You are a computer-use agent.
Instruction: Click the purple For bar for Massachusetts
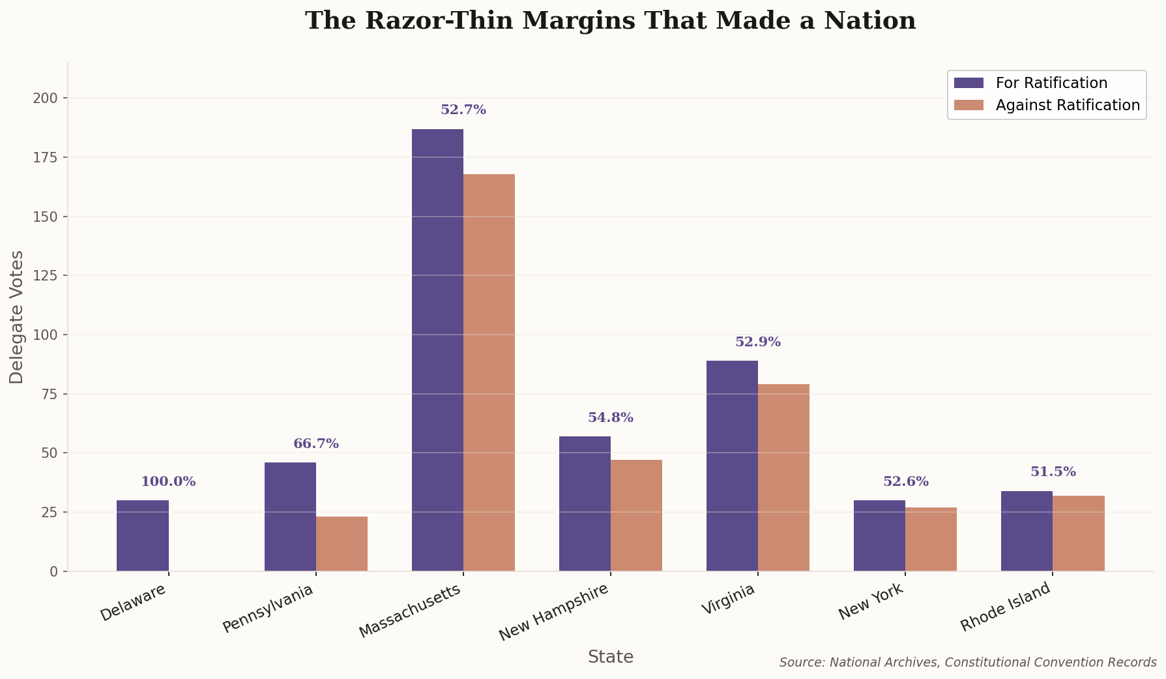(437, 350)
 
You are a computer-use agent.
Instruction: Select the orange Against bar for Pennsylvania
(342, 544)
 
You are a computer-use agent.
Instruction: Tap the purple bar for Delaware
(143, 536)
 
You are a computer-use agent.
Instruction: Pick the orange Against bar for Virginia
(783, 477)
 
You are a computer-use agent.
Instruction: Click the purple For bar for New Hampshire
(585, 504)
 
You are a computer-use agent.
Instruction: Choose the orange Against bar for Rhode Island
(1078, 533)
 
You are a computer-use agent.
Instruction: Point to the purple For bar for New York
(879, 536)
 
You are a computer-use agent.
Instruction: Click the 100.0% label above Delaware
(168, 482)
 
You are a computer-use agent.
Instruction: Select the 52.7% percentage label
(463, 110)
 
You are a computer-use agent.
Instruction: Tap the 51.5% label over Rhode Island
(1053, 472)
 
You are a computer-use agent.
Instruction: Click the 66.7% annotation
(316, 444)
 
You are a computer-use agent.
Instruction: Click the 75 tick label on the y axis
(50, 394)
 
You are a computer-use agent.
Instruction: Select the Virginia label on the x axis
(728, 599)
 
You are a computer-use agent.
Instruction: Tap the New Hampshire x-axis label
(554, 612)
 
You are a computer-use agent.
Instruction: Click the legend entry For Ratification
(1051, 83)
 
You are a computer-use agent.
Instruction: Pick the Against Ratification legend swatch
(969, 105)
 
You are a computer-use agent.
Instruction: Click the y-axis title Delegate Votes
(17, 317)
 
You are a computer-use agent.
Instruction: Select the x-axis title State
(610, 657)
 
